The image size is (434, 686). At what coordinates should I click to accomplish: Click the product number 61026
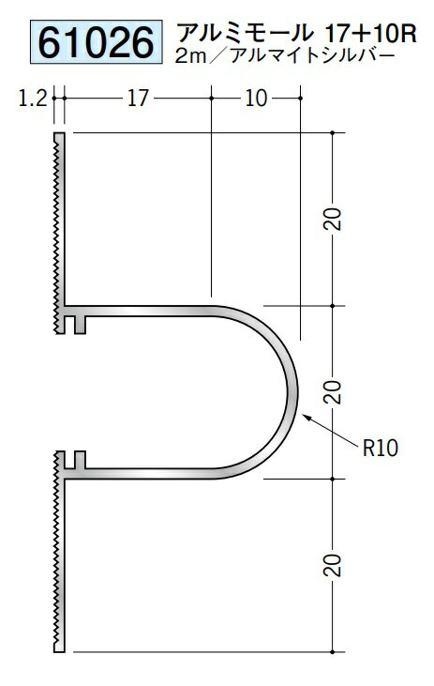coord(97,42)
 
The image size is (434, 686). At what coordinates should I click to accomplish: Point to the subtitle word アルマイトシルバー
coord(312,55)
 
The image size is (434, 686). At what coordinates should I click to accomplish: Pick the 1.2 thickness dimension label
coord(33,98)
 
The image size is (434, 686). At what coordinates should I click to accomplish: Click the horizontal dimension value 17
coord(138,98)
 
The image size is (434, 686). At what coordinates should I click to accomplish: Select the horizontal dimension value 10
coord(256,98)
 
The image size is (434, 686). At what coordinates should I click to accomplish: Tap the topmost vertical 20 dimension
coord(333,220)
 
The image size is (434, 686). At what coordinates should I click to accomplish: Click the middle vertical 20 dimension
coord(333,392)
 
